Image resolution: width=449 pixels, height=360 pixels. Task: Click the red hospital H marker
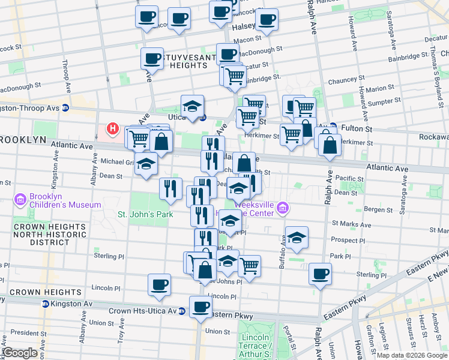coord(112,128)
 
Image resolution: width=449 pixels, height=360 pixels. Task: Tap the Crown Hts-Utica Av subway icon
coord(181,311)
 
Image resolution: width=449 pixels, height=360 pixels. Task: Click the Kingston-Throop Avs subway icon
coord(65,109)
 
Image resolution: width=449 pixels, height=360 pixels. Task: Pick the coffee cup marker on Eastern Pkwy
coord(200,307)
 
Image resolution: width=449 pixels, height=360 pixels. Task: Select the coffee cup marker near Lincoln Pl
coord(159,284)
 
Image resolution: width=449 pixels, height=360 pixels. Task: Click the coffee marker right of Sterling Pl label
coord(320,274)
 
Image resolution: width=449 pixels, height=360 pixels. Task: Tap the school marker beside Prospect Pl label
coord(297,238)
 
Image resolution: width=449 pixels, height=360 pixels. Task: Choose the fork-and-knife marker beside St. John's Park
coord(170,188)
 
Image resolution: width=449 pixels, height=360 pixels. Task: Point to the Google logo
coord(20,353)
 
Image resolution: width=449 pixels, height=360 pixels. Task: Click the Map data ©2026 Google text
coord(411,355)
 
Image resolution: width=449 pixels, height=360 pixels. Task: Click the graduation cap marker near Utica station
coord(193,106)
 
